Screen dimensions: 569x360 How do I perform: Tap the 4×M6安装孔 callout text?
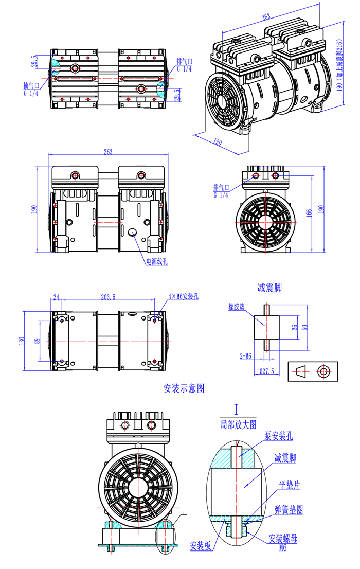[x=184, y=297]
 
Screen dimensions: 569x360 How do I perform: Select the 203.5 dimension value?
[x=109, y=297]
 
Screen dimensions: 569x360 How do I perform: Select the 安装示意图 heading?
[x=184, y=388]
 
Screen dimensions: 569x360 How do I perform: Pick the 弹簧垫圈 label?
[x=289, y=510]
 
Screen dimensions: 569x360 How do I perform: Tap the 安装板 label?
[x=201, y=546]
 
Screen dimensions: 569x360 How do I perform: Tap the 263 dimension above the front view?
[x=108, y=152]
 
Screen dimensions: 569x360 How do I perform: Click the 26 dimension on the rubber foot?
[x=294, y=327]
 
